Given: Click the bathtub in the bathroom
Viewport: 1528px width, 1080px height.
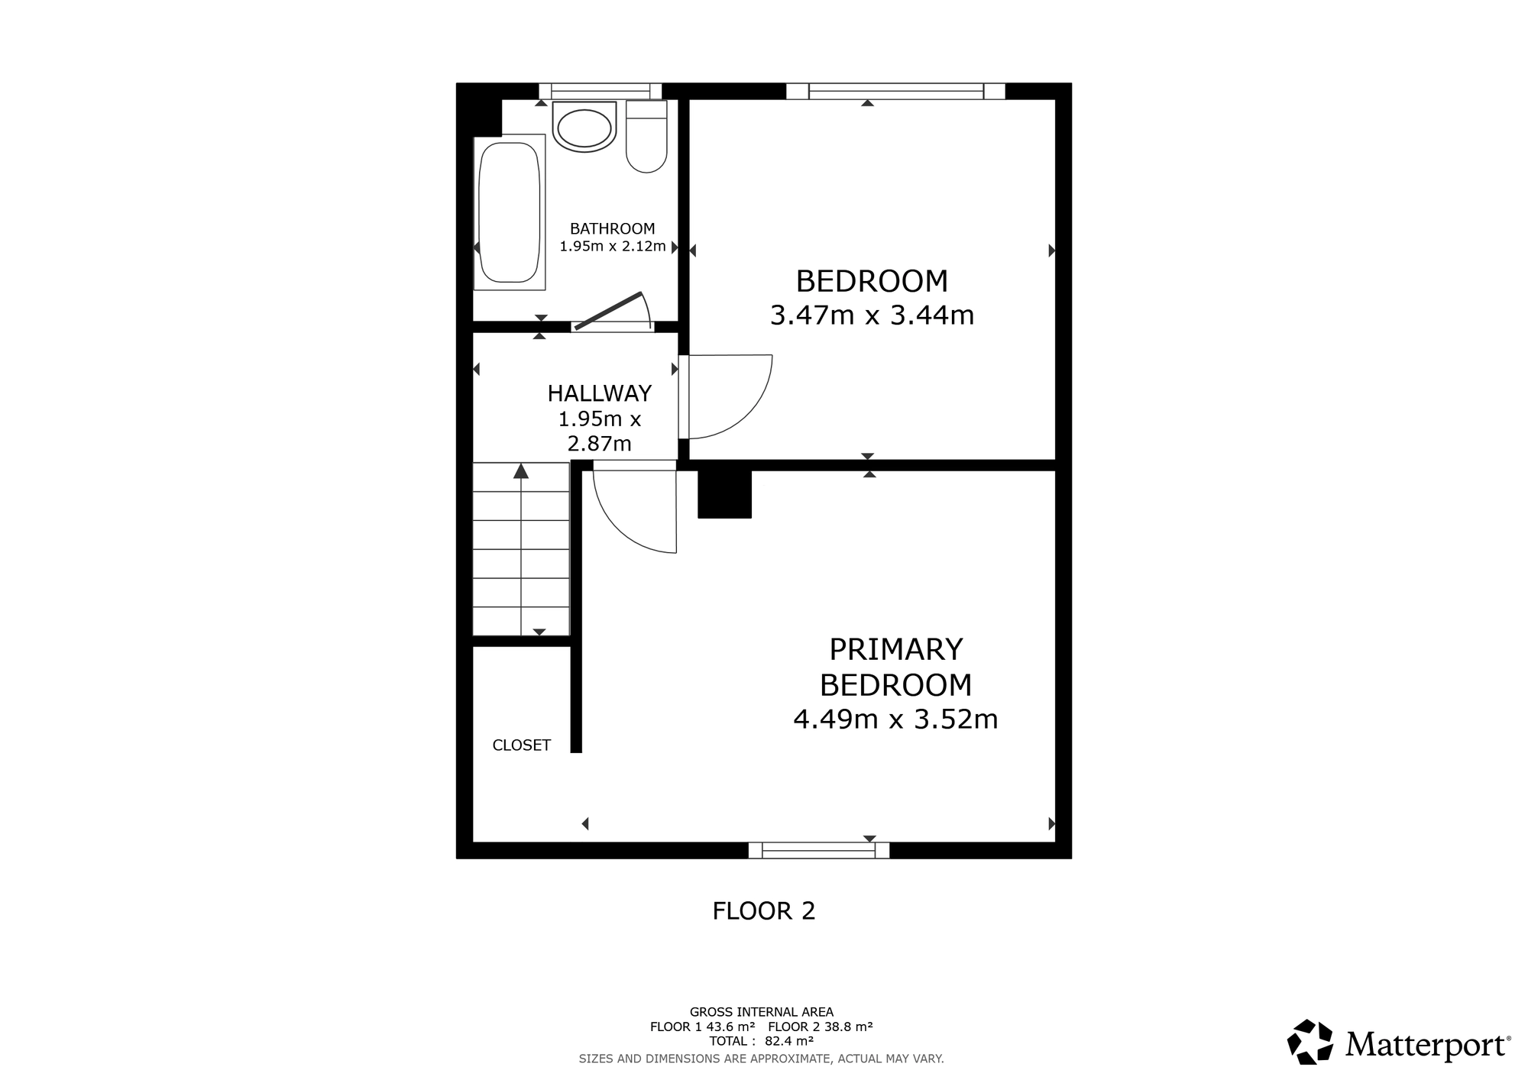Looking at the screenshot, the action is click(510, 212).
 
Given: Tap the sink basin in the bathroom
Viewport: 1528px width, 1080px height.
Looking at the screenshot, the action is click(584, 127).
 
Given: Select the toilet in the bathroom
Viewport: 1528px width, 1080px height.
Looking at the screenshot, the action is click(646, 137).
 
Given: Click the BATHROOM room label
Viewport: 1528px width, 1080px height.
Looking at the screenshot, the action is click(612, 228).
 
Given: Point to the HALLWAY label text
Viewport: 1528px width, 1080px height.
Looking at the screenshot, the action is click(599, 393).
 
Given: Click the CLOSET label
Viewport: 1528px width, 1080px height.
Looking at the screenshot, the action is click(521, 745).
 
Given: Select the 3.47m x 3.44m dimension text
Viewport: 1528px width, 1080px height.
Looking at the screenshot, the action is click(872, 315).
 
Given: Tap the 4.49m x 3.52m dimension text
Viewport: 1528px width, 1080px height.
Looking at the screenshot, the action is click(895, 719).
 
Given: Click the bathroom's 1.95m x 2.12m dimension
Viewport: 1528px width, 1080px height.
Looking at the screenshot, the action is click(613, 247).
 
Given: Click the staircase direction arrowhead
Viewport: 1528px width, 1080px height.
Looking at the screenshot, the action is click(521, 470).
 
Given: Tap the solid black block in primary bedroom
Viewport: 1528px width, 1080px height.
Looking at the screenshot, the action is click(725, 494).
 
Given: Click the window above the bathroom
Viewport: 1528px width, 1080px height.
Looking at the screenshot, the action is click(600, 91).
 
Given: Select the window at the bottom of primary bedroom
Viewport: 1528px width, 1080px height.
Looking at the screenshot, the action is click(819, 850).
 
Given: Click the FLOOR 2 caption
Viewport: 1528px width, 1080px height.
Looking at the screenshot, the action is click(764, 910).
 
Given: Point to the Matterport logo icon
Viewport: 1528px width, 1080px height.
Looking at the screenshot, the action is click(1310, 1042).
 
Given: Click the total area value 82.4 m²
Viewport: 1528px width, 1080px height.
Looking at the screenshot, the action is click(789, 1041).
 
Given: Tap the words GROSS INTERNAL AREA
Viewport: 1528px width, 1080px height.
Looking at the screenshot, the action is click(762, 1012).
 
